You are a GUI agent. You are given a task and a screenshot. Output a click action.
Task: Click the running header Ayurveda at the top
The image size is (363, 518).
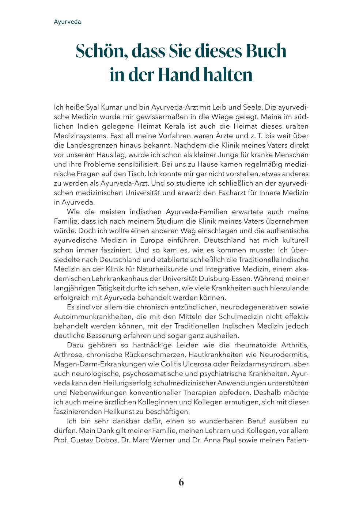[x=67, y=22]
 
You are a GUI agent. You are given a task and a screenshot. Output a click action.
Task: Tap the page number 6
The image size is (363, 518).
[x=181, y=483]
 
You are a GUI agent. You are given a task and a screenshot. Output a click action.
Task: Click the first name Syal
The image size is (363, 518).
[x=93, y=107]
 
